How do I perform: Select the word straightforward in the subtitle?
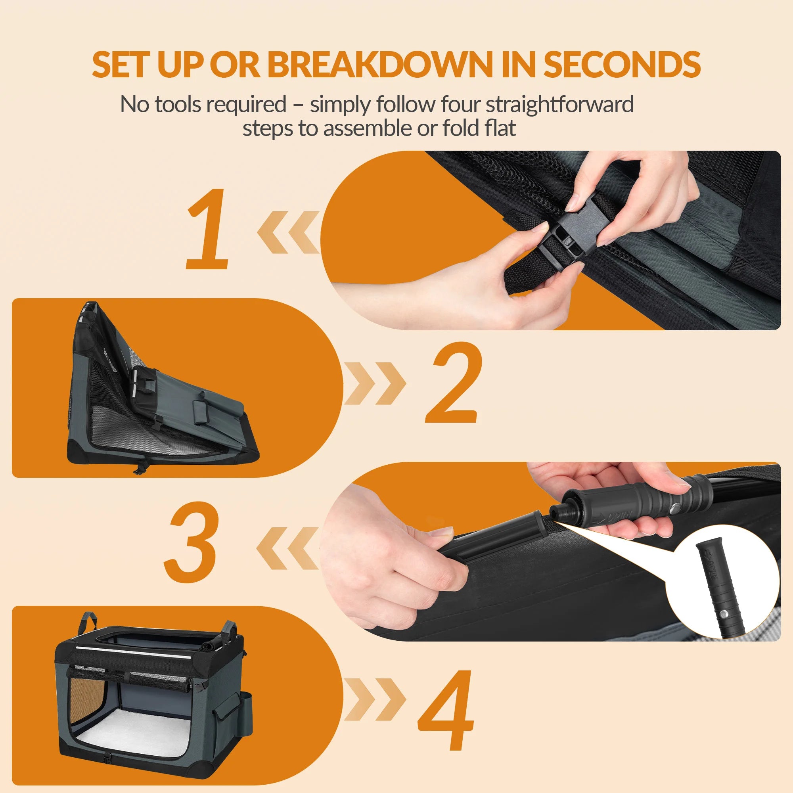pos(560,105)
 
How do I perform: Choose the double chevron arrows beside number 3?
pos(288,548)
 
